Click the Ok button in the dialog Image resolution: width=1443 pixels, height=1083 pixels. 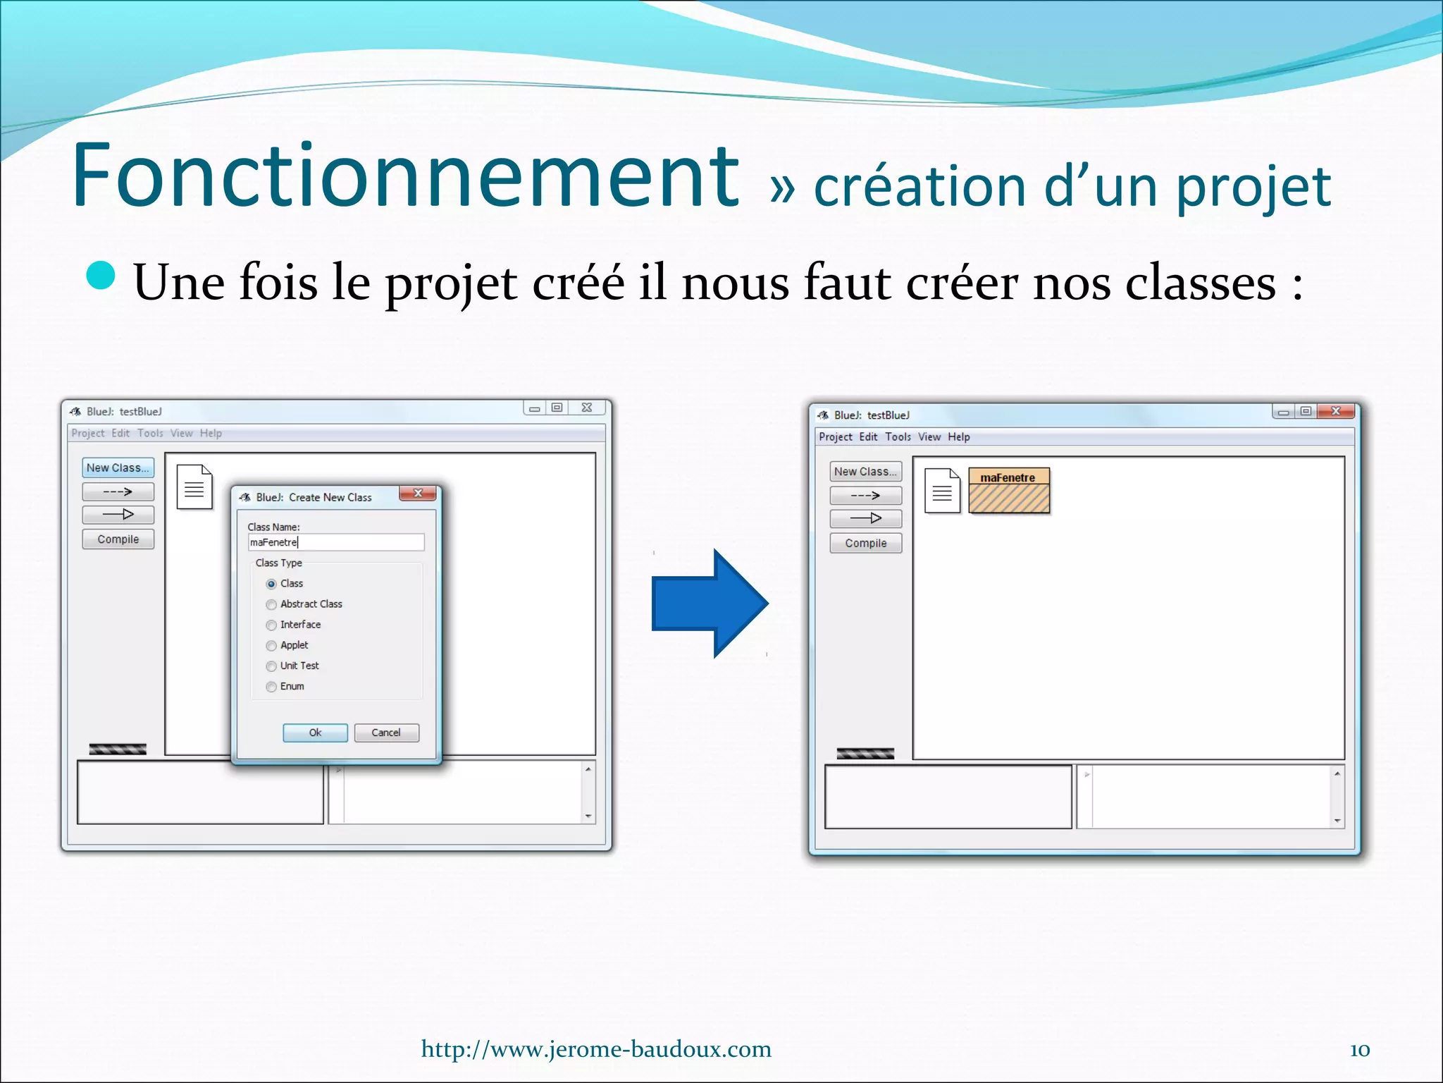pyautogui.click(x=315, y=733)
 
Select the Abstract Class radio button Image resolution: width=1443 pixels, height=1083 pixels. pyautogui.click(x=271, y=604)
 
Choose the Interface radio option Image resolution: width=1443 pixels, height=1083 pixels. pyautogui.click(x=271, y=625)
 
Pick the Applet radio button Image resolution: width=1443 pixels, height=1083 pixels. pyautogui.click(x=271, y=645)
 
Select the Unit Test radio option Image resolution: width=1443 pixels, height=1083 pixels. pyautogui.click(x=271, y=666)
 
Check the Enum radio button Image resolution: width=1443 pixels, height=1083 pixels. pyautogui.click(x=271, y=686)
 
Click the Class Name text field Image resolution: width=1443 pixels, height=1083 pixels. pyautogui.click(x=336, y=542)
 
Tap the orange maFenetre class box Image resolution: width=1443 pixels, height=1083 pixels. pyautogui.click(x=1008, y=490)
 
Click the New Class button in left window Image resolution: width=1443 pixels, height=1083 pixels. pyautogui.click(x=118, y=467)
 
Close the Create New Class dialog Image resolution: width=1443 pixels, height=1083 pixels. pyautogui.click(x=418, y=494)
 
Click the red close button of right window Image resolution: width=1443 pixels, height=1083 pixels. pyautogui.click(x=1335, y=411)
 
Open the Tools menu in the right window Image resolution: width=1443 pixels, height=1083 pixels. pyautogui.click(x=898, y=437)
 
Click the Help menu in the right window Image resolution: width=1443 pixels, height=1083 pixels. pyautogui.click(x=958, y=437)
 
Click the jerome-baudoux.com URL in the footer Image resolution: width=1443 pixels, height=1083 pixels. pyautogui.click(x=596, y=1049)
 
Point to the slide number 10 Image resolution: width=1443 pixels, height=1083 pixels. pyautogui.click(x=1359, y=1050)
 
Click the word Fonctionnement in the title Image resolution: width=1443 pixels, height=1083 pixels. pyautogui.click(x=406, y=176)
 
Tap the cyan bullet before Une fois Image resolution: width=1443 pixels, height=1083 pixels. pyautogui.click(x=101, y=276)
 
